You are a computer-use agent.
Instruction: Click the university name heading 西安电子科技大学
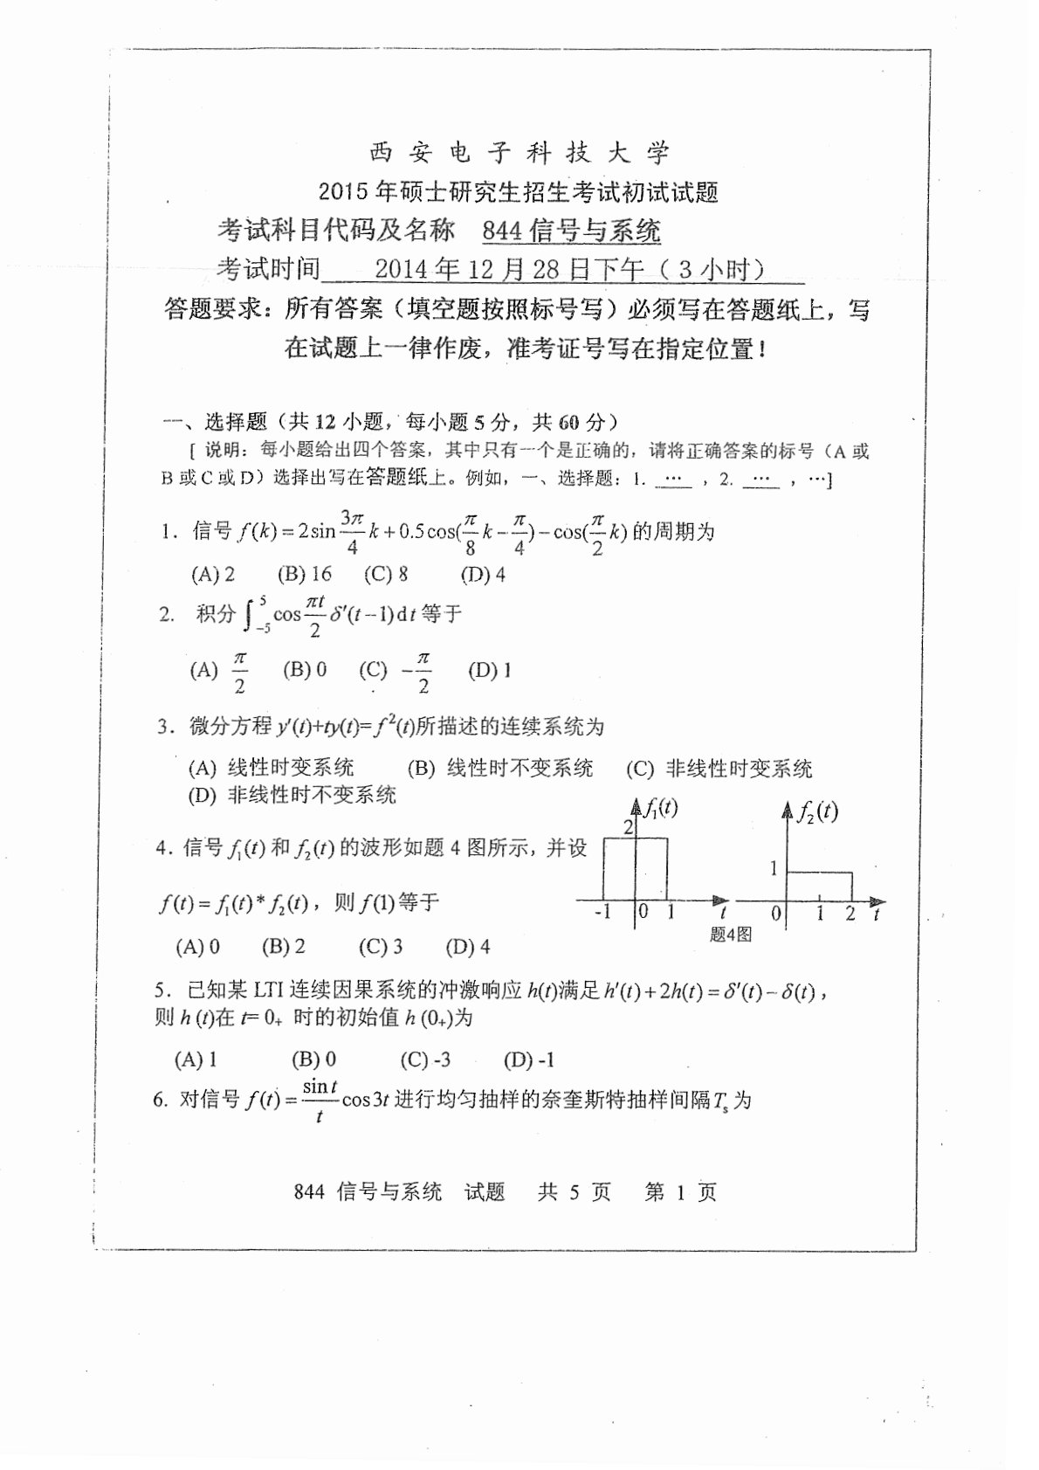(x=519, y=154)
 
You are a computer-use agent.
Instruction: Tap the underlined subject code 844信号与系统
(x=572, y=231)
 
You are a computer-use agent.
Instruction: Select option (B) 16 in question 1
(x=305, y=574)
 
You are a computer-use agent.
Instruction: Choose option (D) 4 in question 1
(x=483, y=574)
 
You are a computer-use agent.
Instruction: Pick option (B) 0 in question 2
(x=305, y=670)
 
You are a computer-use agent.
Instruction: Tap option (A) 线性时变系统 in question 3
(x=272, y=768)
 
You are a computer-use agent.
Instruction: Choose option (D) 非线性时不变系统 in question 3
(x=292, y=795)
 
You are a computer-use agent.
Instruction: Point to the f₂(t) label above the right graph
(x=817, y=811)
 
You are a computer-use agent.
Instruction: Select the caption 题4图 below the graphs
(x=731, y=935)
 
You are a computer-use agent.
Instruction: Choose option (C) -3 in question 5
(x=425, y=1059)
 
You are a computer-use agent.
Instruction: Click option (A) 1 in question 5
(x=196, y=1059)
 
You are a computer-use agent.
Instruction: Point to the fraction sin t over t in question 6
(x=320, y=1100)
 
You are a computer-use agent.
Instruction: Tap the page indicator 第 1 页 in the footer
(x=680, y=1192)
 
